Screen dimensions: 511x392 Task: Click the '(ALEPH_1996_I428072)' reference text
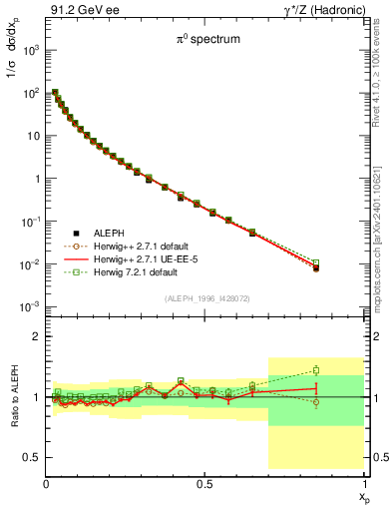coord(204,298)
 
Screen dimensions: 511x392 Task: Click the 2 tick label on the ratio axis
coord(35,337)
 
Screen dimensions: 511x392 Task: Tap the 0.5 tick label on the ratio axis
coord(32,457)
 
